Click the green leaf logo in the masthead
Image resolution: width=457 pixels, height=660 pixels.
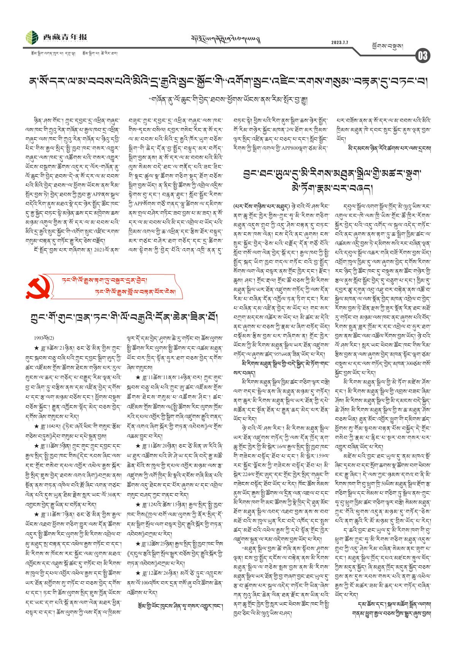pos(32,38)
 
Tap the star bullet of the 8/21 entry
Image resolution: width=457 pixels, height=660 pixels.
pos(36,347)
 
